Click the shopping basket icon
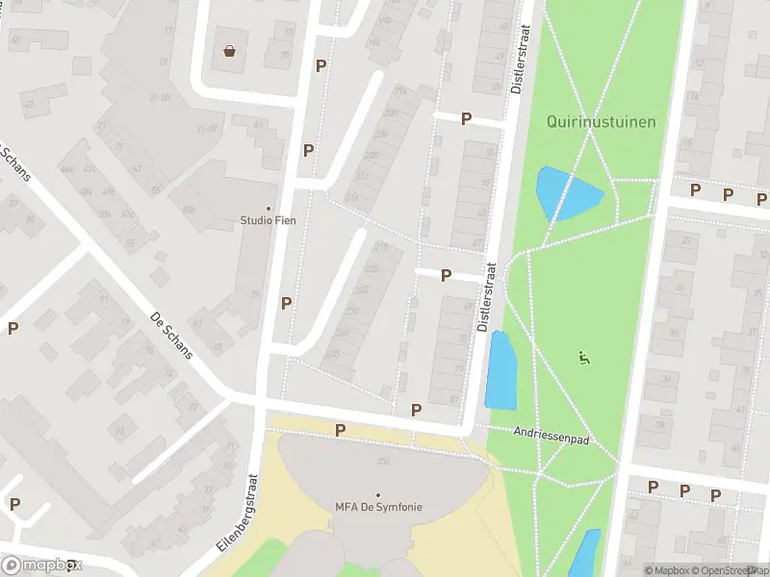tap(230, 51)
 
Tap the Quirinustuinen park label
tap(601, 121)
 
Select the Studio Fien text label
tap(268, 220)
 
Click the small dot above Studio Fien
tap(268, 208)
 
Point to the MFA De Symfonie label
tap(378, 507)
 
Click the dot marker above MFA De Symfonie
tap(378, 494)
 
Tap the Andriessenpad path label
tap(550, 436)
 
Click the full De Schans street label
tap(172, 335)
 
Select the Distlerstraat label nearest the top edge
tap(520, 60)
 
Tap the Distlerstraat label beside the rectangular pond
tap(487, 298)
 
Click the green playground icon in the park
tap(583, 358)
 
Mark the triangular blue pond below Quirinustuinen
tap(564, 194)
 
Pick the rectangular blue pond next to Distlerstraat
tap(502, 370)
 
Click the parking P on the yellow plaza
tap(340, 430)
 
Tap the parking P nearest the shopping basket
tap(321, 65)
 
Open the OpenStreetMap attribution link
tap(735, 570)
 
